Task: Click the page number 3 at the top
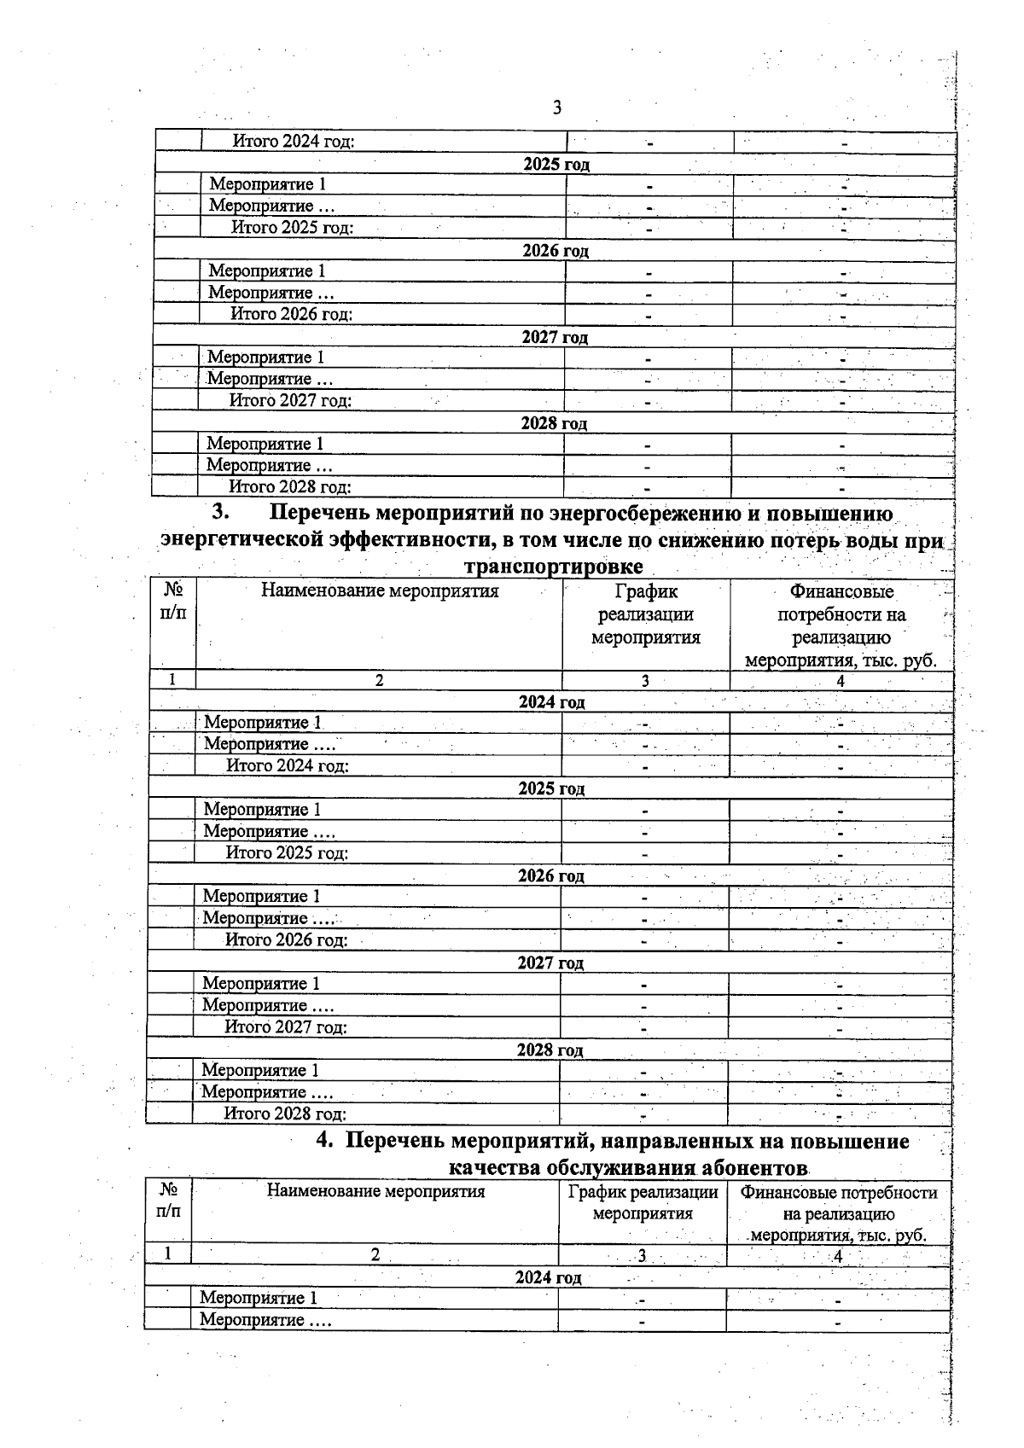click(x=556, y=108)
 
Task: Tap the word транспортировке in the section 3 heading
click(x=553, y=567)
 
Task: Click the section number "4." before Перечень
click(x=325, y=1141)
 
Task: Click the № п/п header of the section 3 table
click(x=173, y=602)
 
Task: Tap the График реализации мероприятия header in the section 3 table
click(x=646, y=614)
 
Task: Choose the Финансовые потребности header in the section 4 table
click(x=839, y=1213)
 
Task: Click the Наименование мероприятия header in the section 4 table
click(x=375, y=1191)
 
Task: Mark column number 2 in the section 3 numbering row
click(x=379, y=680)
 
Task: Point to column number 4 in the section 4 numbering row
click(x=838, y=1255)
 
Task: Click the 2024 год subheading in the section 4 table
click(x=548, y=1277)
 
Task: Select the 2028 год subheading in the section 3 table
click(x=550, y=1050)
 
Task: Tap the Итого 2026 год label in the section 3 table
click(x=286, y=940)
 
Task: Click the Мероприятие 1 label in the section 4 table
click(x=259, y=1298)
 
